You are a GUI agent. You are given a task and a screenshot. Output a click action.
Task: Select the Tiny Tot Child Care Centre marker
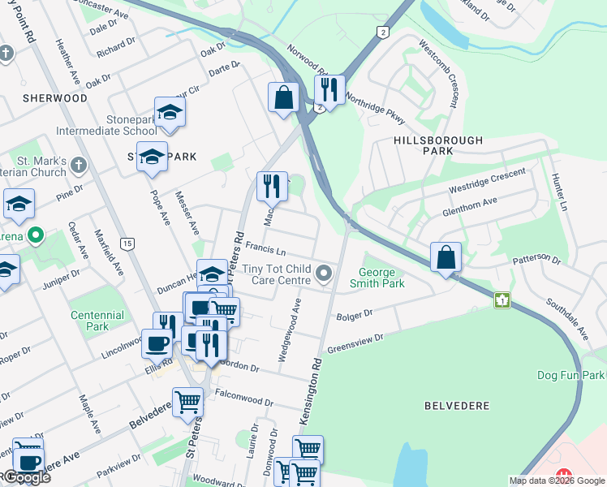(x=325, y=274)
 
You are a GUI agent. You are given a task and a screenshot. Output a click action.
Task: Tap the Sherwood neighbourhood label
(x=55, y=97)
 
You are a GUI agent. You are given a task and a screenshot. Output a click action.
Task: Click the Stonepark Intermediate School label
(x=106, y=125)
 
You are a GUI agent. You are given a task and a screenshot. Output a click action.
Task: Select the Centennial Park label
(x=97, y=321)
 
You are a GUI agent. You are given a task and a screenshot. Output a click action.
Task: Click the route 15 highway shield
(x=127, y=243)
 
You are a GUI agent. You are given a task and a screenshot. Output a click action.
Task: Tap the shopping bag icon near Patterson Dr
(x=446, y=258)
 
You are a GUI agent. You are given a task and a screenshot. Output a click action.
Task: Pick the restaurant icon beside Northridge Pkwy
(x=329, y=89)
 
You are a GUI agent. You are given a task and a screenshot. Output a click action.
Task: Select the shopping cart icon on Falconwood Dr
(x=187, y=401)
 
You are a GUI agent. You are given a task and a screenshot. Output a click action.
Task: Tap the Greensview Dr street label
(x=355, y=343)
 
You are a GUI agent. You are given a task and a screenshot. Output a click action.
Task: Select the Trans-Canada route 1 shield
(x=503, y=300)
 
